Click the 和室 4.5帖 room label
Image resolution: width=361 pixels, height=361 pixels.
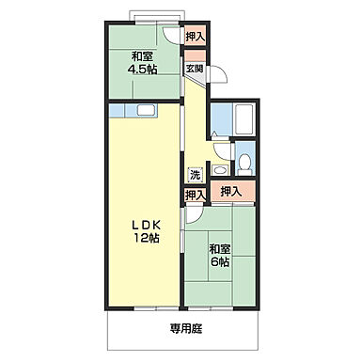pyautogui.click(x=142, y=63)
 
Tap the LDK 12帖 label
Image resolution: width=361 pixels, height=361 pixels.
pyautogui.click(x=146, y=232)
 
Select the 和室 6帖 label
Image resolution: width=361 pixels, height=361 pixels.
pyautogui.click(x=220, y=256)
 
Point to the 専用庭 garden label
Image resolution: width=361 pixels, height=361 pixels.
pyautogui.click(x=186, y=329)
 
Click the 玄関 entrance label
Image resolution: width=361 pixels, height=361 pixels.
pyautogui.click(x=195, y=69)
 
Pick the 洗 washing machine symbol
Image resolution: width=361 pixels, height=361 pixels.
pyautogui.click(x=196, y=175)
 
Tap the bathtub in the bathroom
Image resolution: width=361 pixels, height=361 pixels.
pyautogui.click(x=244, y=118)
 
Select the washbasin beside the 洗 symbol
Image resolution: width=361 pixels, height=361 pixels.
pyautogui.click(x=219, y=170)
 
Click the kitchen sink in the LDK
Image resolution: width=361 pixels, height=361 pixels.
pyautogui.click(x=146, y=110)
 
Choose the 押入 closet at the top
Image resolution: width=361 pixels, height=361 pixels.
pyautogui.click(x=195, y=37)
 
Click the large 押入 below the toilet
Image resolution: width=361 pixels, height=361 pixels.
pyautogui.click(x=232, y=191)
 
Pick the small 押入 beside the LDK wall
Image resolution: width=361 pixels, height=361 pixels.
pyautogui.click(x=196, y=196)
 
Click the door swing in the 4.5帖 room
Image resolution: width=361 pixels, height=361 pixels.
pyautogui.click(x=171, y=35)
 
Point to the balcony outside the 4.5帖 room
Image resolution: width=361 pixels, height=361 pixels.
pyautogui.click(x=157, y=16)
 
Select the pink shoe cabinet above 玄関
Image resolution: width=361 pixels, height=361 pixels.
pyautogui.click(x=195, y=55)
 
